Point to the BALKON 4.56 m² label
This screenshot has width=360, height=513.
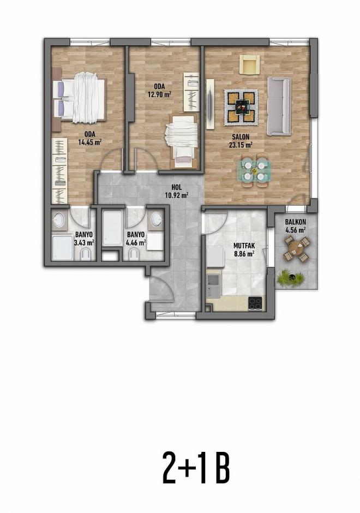tap(295, 226)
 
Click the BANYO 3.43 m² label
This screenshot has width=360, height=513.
tap(85, 238)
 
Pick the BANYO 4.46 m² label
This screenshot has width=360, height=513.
tap(136, 238)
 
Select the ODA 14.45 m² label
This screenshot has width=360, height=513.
tap(91, 138)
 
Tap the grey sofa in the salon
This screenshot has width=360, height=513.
tap(279, 105)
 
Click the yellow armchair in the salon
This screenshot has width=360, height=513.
tap(249, 64)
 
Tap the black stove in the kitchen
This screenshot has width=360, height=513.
tap(255, 303)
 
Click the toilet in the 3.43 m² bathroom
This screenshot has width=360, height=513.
tap(85, 254)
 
